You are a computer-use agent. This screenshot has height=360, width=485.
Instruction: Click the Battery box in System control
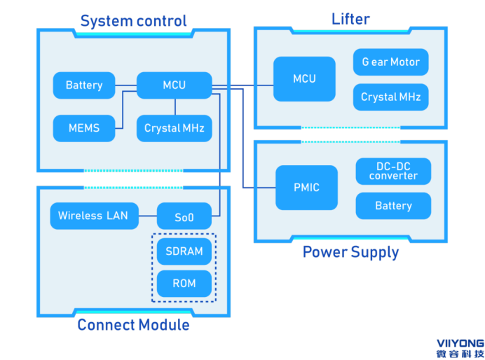pyautogui.click(x=84, y=85)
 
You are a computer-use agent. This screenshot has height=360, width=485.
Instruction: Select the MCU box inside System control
pyautogui.click(x=174, y=85)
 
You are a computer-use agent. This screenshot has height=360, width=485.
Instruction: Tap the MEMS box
pyautogui.click(x=84, y=128)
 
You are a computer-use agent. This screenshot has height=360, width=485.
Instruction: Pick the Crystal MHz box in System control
pyautogui.click(x=174, y=128)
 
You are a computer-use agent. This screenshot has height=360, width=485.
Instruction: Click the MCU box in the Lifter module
pyautogui.click(x=304, y=79)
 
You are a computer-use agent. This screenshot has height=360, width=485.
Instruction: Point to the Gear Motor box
pyautogui.click(x=390, y=62)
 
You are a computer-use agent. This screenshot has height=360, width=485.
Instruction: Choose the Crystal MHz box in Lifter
pyautogui.click(x=390, y=97)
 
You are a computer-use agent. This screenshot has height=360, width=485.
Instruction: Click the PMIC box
pyautogui.click(x=306, y=188)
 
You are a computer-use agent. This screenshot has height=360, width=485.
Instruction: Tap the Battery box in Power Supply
pyautogui.click(x=393, y=206)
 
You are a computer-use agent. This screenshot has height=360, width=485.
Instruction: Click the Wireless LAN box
pyautogui.click(x=93, y=216)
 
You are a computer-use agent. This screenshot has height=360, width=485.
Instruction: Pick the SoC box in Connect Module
pyautogui.click(x=184, y=216)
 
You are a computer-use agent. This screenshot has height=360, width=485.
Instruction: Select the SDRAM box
pyautogui.click(x=184, y=251)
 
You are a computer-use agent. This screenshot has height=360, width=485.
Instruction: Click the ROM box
pyautogui.click(x=184, y=284)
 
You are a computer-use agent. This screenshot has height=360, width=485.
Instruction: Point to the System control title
pyautogui.click(x=133, y=21)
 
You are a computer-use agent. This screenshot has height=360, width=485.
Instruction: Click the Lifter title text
pyautogui.click(x=350, y=19)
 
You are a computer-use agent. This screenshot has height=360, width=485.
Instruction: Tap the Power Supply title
pyautogui.click(x=350, y=252)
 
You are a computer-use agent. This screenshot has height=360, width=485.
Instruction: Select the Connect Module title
pyautogui.click(x=133, y=325)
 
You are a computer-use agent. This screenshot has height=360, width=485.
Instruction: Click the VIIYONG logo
pyautogui.click(x=460, y=348)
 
